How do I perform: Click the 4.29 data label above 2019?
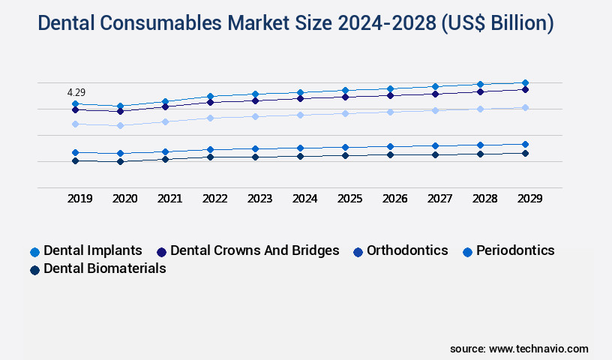click(x=76, y=91)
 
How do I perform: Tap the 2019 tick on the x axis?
click(x=79, y=199)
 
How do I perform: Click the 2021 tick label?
click(x=169, y=199)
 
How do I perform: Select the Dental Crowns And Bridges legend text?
click(x=254, y=250)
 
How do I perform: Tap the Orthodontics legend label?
click(x=406, y=250)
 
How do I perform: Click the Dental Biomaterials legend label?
click(x=105, y=268)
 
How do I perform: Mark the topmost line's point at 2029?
click(x=525, y=82)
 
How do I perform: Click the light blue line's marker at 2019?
click(x=75, y=124)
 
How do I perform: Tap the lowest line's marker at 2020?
click(x=120, y=161)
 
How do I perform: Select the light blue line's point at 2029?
click(x=525, y=107)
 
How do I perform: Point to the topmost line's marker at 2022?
click(x=210, y=96)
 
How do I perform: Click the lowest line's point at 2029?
click(x=525, y=153)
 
